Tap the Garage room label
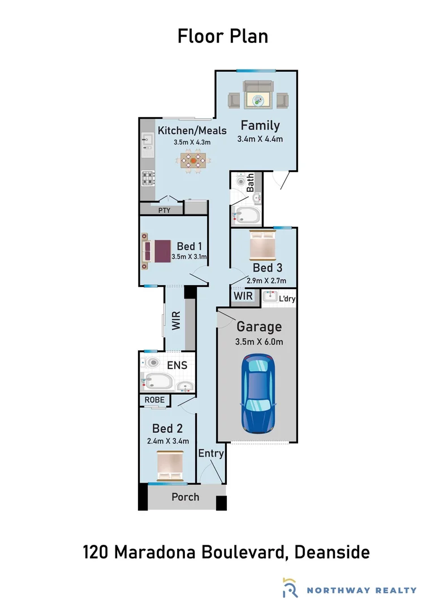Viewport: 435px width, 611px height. point(259,326)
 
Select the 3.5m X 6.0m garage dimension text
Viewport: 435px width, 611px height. point(259,341)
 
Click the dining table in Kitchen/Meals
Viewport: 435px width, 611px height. point(193,160)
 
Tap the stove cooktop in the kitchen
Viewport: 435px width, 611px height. point(148,179)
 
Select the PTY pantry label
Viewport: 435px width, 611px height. point(164,210)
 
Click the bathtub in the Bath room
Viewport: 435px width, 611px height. point(246,216)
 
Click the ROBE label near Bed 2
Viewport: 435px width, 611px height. point(154,400)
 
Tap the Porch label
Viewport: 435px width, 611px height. point(186,497)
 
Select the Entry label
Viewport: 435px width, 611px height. point(211,453)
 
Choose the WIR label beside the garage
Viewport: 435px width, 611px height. point(243,296)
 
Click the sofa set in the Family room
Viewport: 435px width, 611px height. point(258,94)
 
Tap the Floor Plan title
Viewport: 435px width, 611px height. point(222,36)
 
